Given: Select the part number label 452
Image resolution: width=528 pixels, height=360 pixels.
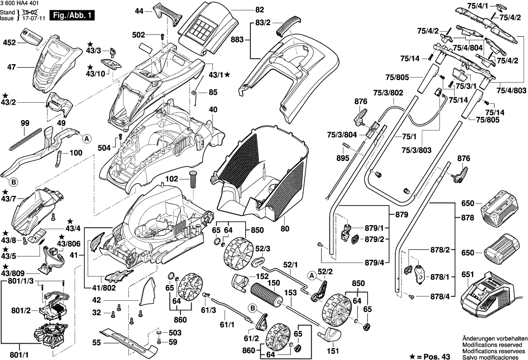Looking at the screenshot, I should [9, 42].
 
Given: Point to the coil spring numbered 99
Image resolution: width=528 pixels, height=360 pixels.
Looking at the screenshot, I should [25, 137].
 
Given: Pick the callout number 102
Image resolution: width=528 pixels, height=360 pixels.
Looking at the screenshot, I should [172, 180].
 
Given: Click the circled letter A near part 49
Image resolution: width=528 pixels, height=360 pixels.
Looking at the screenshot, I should [85, 139].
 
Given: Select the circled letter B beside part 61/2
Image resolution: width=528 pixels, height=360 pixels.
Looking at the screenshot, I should [252, 308].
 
